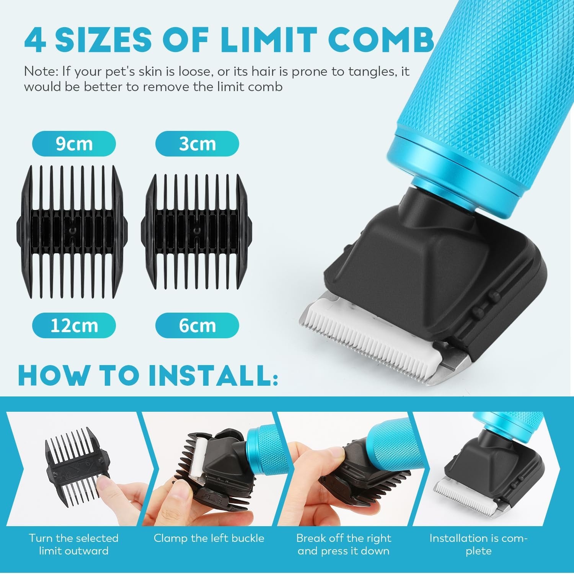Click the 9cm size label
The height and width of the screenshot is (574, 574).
point(74,144)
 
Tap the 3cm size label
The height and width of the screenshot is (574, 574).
point(197,144)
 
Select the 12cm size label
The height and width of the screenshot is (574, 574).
point(74,326)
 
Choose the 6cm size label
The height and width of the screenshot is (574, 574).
point(197,326)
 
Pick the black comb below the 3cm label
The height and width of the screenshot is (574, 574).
point(196,231)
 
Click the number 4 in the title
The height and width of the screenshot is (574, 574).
point(35,39)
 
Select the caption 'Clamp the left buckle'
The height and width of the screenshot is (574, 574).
point(209,538)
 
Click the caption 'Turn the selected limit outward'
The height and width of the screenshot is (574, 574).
point(73,545)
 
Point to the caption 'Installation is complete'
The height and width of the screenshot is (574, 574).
point(478,545)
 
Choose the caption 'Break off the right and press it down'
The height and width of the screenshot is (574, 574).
point(344,545)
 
